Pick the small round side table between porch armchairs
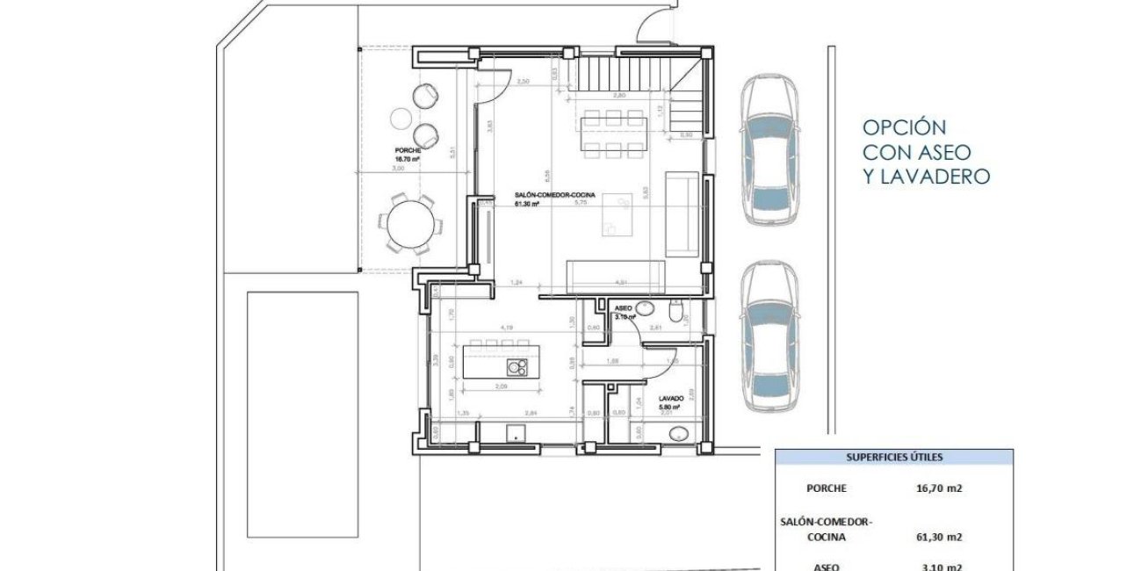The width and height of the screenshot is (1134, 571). [401, 117]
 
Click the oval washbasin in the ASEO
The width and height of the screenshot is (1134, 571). [646, 307]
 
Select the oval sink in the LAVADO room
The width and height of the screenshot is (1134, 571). [679, 433]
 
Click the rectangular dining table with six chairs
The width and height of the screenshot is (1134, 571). [612, 133]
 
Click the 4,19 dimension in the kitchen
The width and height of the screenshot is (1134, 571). [507, 328]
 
